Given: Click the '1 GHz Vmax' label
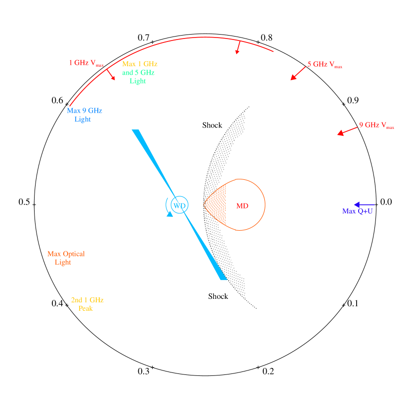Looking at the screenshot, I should click(86, 63).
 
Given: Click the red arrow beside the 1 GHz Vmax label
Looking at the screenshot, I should click(111, 75).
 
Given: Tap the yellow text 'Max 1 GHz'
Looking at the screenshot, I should click(140, 64).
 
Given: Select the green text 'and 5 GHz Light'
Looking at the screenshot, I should click(138, 77).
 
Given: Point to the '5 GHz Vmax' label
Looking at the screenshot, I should click(325, 64).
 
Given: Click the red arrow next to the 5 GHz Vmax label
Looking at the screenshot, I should click(298, 73).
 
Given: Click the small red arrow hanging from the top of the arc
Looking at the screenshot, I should click(238, 47).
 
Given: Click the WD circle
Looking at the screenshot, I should click(179, 205).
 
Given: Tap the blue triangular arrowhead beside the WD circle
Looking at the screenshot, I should click(170, 213).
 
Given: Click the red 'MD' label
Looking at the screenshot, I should click(242, 205).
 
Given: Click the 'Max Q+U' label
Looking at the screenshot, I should click(357, 211).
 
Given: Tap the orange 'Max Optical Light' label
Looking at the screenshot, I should click(66, 258).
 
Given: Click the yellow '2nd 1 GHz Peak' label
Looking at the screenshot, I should click(87, 304).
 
